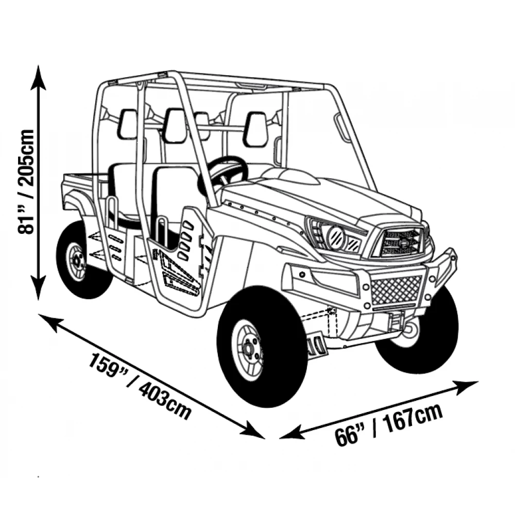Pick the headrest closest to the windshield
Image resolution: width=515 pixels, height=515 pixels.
256,129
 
